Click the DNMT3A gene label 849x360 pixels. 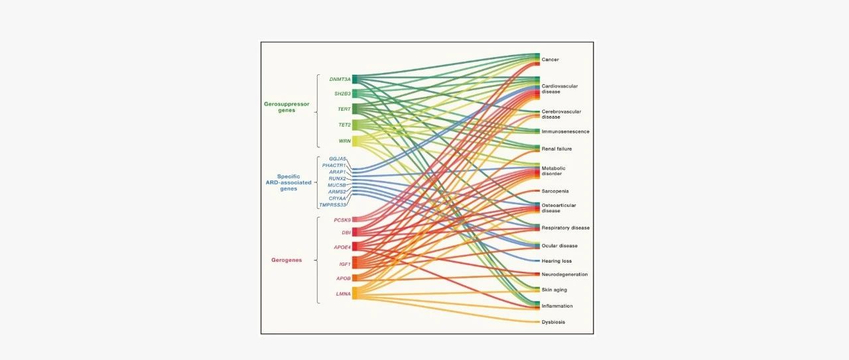coord(340,79)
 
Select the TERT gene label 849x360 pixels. coord(344,109)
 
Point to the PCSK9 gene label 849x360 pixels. coord(342,220)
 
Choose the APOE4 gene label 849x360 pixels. coord(342,247)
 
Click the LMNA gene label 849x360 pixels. coord(343,294)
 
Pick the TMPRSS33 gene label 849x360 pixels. coord(332,205)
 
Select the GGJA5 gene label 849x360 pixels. coord(337,158)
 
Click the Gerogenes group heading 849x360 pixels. coord(287,260)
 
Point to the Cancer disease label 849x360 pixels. coord(550,60)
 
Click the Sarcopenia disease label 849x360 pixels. coord(555,191)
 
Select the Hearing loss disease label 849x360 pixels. coord(556,261)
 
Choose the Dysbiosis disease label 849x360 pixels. coord(553,322)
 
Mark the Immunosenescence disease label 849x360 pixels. coord(565,131)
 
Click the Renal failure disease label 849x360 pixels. coord(556,149)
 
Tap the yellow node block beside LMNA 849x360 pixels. coord(355,293)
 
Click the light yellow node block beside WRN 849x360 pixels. coord(355,141)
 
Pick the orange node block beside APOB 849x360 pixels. coord(355,278)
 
